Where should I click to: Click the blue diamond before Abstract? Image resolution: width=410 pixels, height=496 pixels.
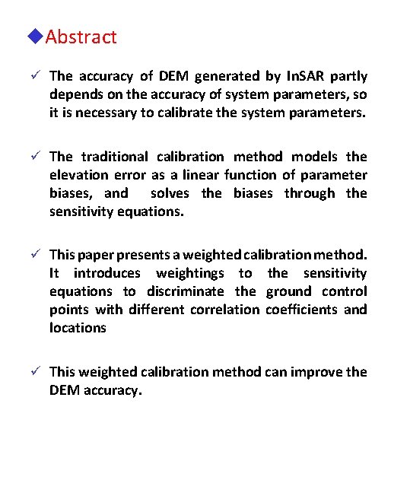(37, 37)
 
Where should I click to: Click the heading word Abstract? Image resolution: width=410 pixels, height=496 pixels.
(81, 37)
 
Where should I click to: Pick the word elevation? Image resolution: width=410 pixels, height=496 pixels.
(80, 175)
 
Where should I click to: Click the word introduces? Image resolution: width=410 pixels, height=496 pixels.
(107, 273)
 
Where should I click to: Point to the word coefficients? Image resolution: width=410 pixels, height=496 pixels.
(302, 310)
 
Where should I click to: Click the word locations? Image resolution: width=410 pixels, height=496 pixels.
(78, 328)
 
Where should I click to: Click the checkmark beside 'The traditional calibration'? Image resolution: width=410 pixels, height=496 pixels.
(36, 157)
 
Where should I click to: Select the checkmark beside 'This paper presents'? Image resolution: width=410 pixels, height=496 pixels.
(36, 255)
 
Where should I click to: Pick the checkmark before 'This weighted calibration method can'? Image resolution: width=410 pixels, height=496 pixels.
(36, 372)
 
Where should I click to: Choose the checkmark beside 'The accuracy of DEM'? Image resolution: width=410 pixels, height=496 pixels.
(36, 76)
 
